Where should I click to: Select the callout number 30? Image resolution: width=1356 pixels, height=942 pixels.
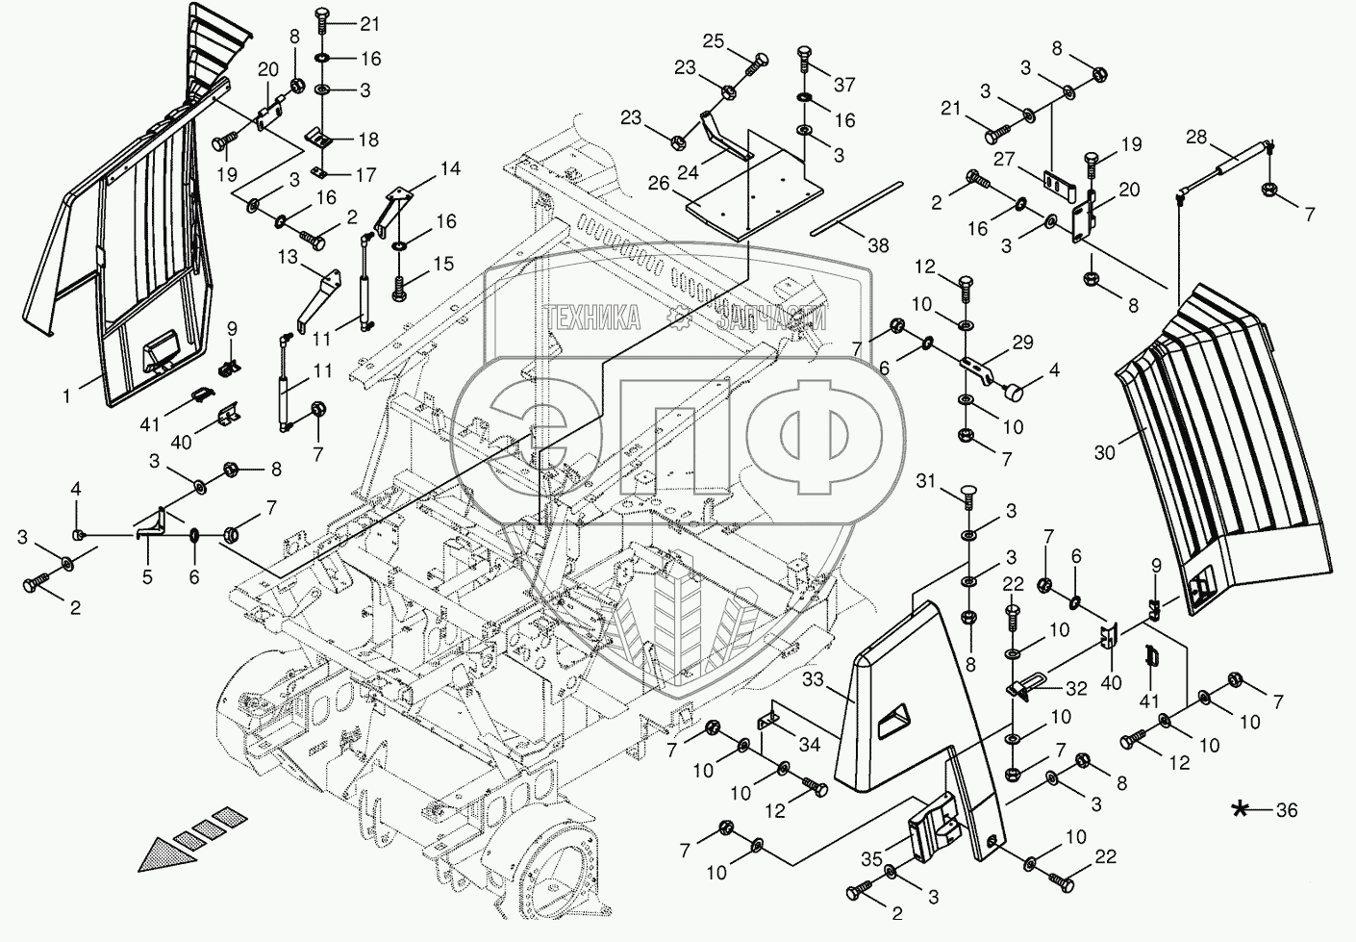1105,450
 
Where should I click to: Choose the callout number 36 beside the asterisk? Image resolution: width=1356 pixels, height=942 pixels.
1286,810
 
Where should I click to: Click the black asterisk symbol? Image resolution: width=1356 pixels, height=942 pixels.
1241,809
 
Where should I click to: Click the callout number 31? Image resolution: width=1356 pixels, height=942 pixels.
925,479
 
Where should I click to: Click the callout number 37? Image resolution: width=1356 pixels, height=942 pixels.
843,85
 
